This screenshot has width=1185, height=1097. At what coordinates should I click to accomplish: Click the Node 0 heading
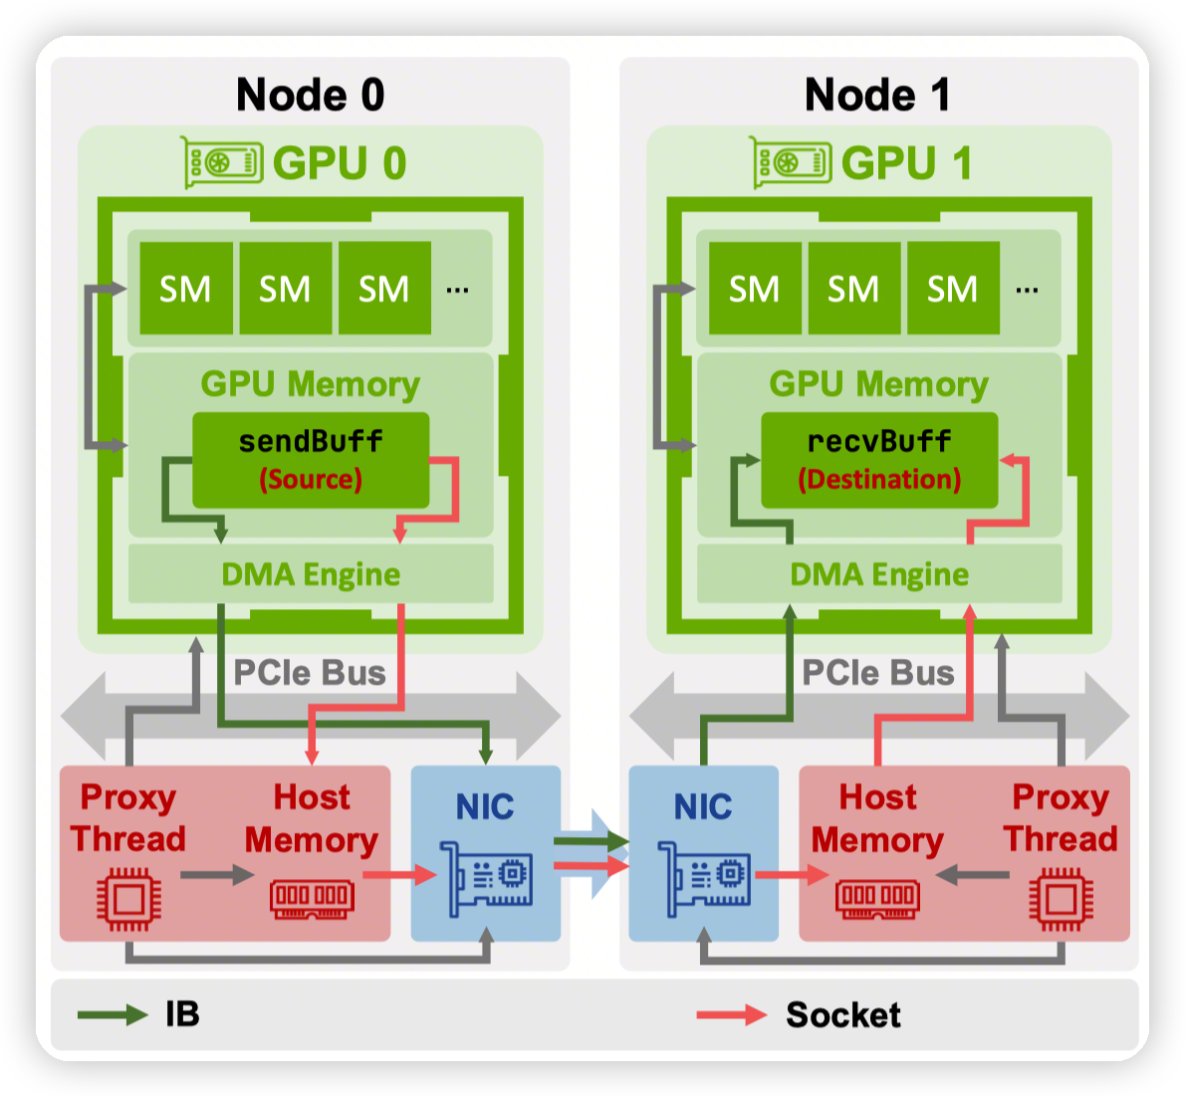[310, 96]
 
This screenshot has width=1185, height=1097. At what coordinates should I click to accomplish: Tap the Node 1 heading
[877, 96]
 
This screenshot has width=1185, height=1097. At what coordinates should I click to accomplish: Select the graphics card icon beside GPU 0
[223, 162]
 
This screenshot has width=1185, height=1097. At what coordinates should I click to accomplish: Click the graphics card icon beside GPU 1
[792, 162]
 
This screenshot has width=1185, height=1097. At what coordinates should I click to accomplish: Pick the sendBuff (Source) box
[311, 460]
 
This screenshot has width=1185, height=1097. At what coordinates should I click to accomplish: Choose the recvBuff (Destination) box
[879, 460]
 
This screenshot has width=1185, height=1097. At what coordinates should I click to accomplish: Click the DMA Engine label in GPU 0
[311, 574]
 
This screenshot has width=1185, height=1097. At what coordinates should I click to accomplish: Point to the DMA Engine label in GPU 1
[879, 574]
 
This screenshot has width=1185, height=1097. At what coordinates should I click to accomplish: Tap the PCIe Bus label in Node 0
[310, 673]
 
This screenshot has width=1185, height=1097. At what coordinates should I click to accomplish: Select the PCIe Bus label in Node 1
[878, 673]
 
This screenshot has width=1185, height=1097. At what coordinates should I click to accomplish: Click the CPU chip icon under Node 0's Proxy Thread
[128, 899]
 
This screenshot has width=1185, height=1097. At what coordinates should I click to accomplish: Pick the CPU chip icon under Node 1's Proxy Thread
[1061, 899]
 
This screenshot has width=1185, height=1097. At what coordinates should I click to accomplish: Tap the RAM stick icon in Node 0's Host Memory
[312, 897]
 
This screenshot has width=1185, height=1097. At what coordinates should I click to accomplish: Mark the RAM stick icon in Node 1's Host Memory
[877, 897]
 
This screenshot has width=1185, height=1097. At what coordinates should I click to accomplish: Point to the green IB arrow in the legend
[113, 1015]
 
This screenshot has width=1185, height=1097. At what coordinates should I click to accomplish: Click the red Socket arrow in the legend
[732, 1015]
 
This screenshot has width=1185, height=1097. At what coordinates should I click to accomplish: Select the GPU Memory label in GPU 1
[879, 384]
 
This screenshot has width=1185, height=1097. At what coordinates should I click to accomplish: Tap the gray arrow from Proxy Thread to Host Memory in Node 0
[217, 875]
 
